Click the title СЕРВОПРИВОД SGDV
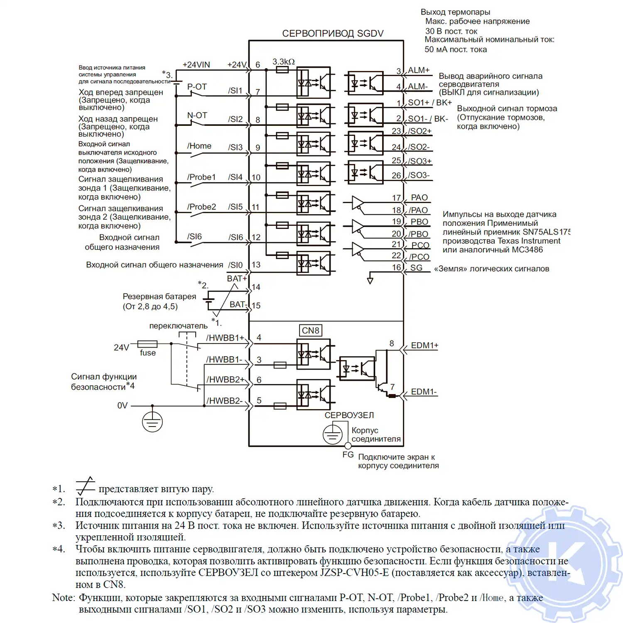(x=333, y=34)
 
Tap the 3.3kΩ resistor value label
(x=283, y=62)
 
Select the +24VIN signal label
(x=196, y=65)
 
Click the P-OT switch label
(x=197, y=87)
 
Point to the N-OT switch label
(x=197, y=115)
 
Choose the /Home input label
(x=199, y=146)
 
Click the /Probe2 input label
(x=201, y=207)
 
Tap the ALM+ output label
(x=418, y=71)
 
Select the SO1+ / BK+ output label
(x=429, y=103)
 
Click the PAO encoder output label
(x=419, y=198)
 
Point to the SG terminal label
(x=416, y=268)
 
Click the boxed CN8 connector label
(x=310, y=331)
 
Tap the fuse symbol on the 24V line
(x=147, y=344)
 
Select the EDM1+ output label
(x=424, y=346)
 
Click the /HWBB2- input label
(x=224, y=401)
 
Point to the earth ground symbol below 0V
(x=152, y=422)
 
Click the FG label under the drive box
(x=348, y=455)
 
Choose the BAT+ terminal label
(x=237, y=279)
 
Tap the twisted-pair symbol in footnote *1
(x=85, y=486)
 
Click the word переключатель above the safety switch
(x=178, y=326)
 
